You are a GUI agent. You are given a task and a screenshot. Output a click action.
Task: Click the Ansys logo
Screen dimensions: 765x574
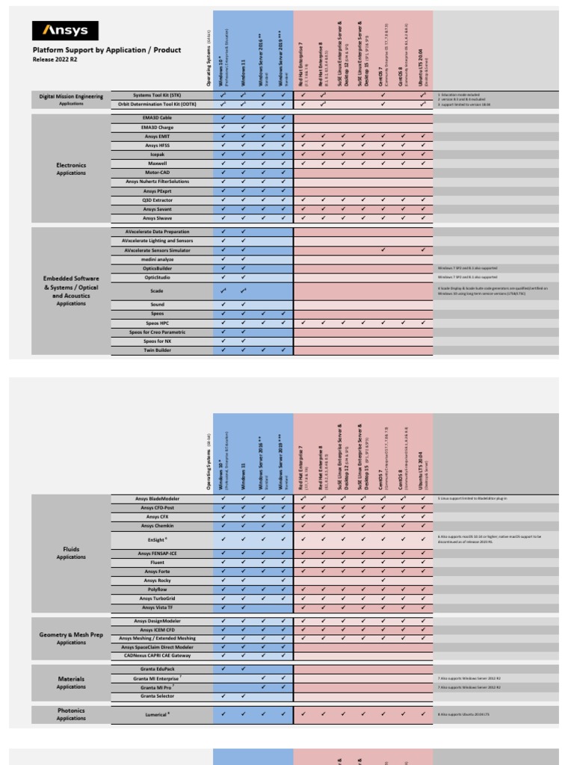65,31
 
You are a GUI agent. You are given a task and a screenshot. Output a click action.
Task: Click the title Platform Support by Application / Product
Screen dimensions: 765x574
106,50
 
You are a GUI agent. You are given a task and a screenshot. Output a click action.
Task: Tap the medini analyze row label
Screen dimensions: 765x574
157,259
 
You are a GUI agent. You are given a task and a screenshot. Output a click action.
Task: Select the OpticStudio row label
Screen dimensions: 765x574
157,277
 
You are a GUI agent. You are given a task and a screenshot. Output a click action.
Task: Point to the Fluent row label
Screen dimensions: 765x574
157,562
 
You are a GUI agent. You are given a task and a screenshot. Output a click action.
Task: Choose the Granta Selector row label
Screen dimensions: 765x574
157,696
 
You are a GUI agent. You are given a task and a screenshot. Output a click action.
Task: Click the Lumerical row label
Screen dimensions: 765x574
157,714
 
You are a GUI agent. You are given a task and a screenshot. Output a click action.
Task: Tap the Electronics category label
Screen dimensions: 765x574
71,165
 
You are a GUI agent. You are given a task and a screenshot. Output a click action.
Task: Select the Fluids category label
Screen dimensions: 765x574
71,548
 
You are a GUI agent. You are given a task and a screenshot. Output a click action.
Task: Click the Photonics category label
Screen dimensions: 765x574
71,710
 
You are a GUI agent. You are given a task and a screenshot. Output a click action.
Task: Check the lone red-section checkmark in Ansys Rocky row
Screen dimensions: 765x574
383,580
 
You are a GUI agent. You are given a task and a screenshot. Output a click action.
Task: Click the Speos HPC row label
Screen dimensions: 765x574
157,323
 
